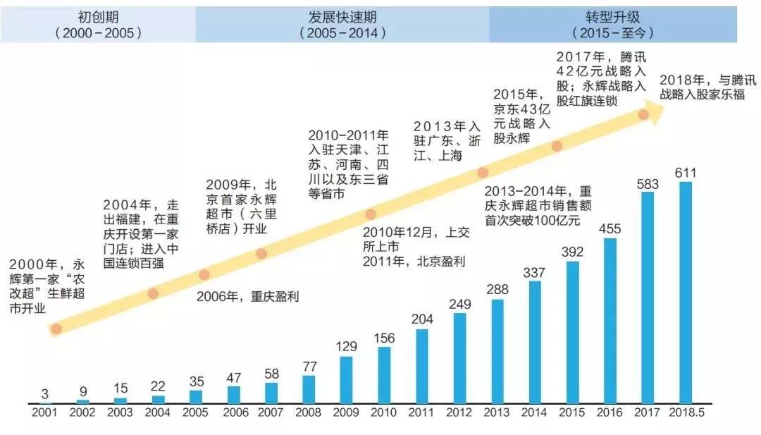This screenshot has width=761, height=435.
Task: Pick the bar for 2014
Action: (x=535, y=343)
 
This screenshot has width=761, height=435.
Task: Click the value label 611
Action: (x=686, y=173)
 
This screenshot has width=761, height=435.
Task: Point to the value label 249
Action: (x=459, y=305)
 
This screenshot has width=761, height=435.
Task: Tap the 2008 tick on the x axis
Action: (x=308, y=412)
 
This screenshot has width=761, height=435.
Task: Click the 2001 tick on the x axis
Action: (x=44, y=412)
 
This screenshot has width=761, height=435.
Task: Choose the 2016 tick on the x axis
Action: (x=610, y=412)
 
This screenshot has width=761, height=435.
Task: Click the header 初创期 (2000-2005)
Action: (x=98, y=25)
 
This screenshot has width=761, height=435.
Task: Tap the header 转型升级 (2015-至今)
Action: (x=613, y=25)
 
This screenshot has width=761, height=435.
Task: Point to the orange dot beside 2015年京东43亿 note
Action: (x=557, y=147)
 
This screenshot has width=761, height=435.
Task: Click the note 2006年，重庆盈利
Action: (x=247, y=297)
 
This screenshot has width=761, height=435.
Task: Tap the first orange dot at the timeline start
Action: (x=56, y=328)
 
